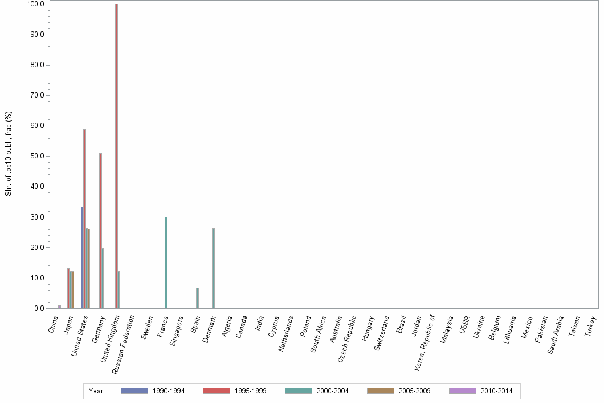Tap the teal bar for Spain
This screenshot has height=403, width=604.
point(197,298)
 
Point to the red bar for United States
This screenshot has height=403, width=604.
point(84,219)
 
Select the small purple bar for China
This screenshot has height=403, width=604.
point(59,307)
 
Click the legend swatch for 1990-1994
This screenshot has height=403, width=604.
point(134,391)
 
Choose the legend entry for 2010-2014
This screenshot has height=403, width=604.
point(496,391)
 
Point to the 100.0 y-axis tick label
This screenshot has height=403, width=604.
point(36,4)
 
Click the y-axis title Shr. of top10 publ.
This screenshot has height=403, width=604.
point(9,154)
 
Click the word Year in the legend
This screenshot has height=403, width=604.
point(96,391)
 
